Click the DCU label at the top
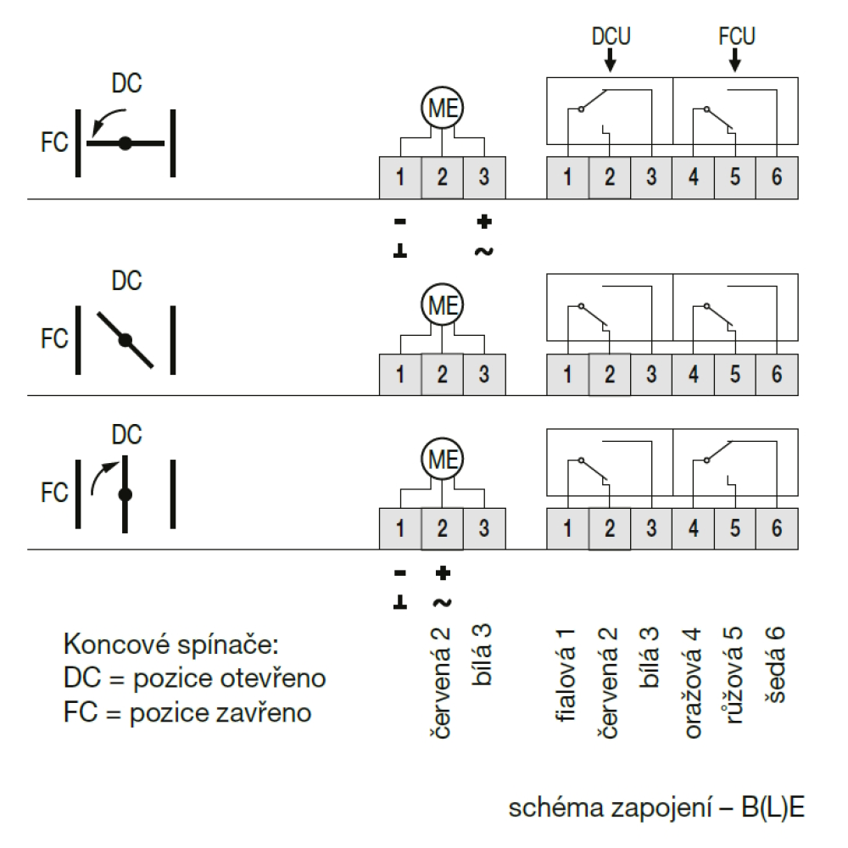tap(611, 36)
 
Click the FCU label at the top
tap(737, 36)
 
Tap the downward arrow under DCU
tap(610, 60)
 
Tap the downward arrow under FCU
tap(734, 60)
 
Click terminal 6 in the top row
tap(777, 177)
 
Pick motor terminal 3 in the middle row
tap(484, 374)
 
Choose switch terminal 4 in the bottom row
tap(694, 528)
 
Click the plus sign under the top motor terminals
tap(484, 221)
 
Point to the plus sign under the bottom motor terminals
tap(443, 572)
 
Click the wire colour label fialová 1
tap(565, 675)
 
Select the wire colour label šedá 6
tap(775, 665)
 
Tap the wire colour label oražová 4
tap(693, 683)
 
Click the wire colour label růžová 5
tap(734, 675)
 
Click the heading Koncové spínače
tap(171, 644)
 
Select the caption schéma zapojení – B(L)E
tap(656, 808)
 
